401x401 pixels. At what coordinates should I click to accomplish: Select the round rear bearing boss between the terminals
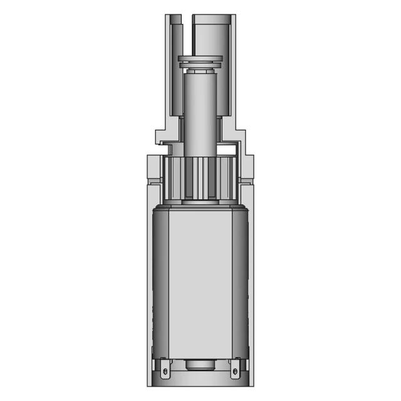(x=200, y=365)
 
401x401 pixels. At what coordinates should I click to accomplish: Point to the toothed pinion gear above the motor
(x=200, y=178)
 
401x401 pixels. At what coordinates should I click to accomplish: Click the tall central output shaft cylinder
(x=200, y=100)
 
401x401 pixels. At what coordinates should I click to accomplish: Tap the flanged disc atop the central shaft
(x=200, y=61)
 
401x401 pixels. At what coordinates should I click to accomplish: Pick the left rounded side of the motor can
(x=158, y=282)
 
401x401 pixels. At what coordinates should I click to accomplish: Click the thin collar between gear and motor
(x=200, y=203)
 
